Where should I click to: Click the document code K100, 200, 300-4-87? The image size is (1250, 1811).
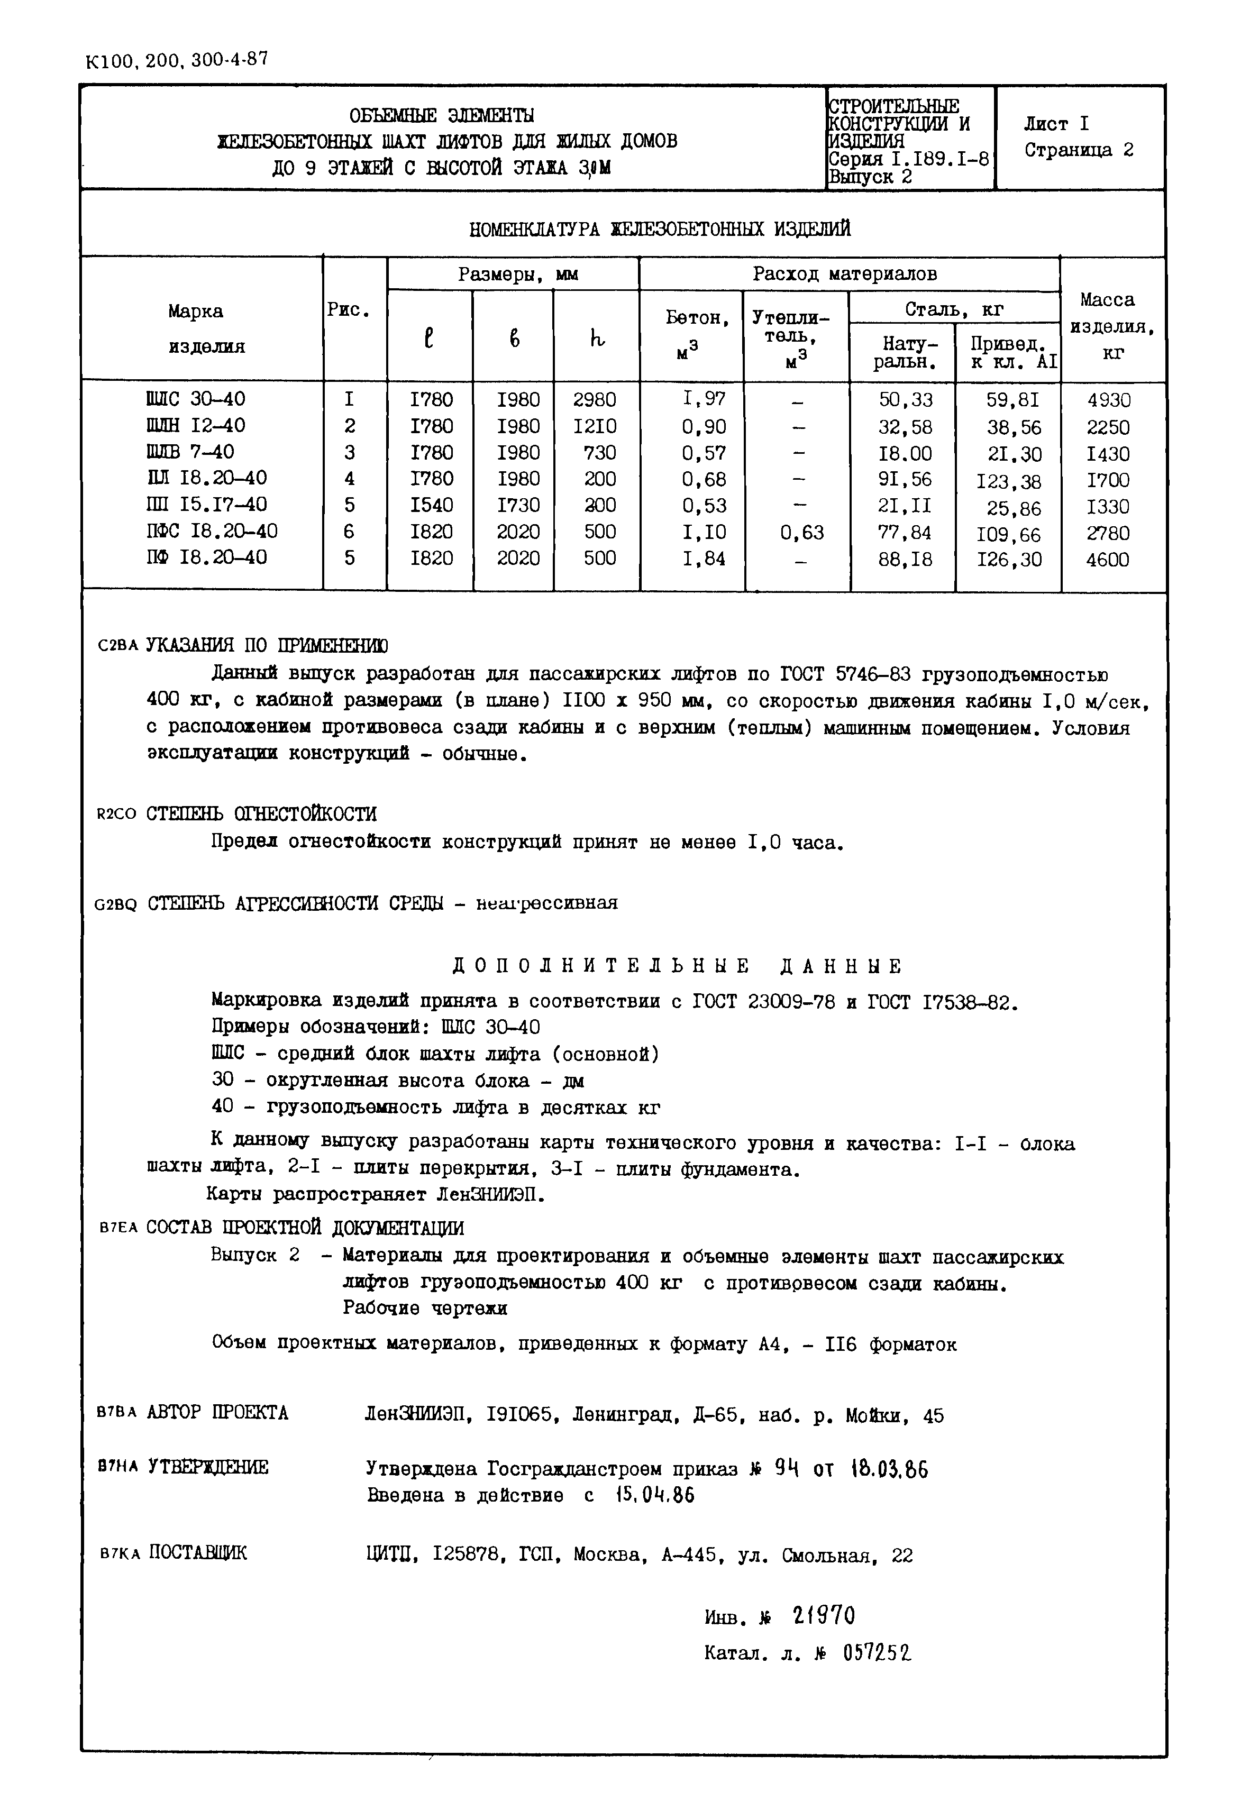[x=176, y=60]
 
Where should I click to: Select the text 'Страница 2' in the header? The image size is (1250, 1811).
[x=1079, y=150]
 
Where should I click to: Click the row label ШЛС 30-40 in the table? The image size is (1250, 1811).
[x=196, y=399]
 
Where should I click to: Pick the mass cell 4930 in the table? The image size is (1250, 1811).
[x=1109, y=400]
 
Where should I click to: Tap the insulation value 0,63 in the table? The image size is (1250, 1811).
[x=802, y=533]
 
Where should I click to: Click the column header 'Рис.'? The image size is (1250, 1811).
[x=349, y=310]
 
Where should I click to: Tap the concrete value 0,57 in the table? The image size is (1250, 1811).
[x=704, y=453]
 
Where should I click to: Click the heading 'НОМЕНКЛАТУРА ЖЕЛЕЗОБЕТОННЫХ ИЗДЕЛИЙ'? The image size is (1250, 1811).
[x=660, y=230]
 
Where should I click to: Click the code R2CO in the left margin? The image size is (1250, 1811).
[x=116, y=815]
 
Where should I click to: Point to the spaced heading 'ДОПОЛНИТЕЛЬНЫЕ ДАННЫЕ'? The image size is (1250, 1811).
[x=678, y=966]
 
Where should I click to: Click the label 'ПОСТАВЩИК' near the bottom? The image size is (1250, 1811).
[x=198, y=1552]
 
